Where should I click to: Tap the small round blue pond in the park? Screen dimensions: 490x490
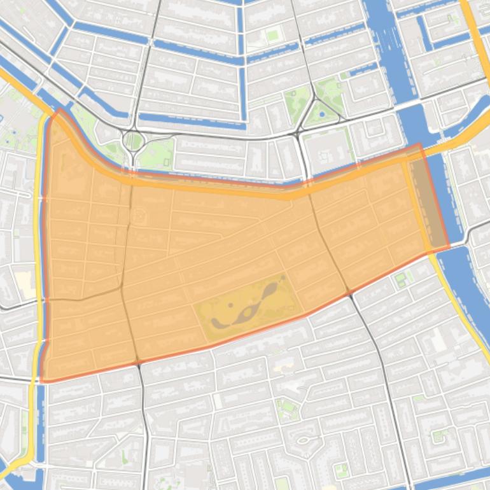(322, 115)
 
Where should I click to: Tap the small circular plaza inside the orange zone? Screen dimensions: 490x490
(139, 217)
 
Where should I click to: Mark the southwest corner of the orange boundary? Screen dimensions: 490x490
(43, 381)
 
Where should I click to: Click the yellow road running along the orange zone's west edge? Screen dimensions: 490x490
(39, 255)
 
